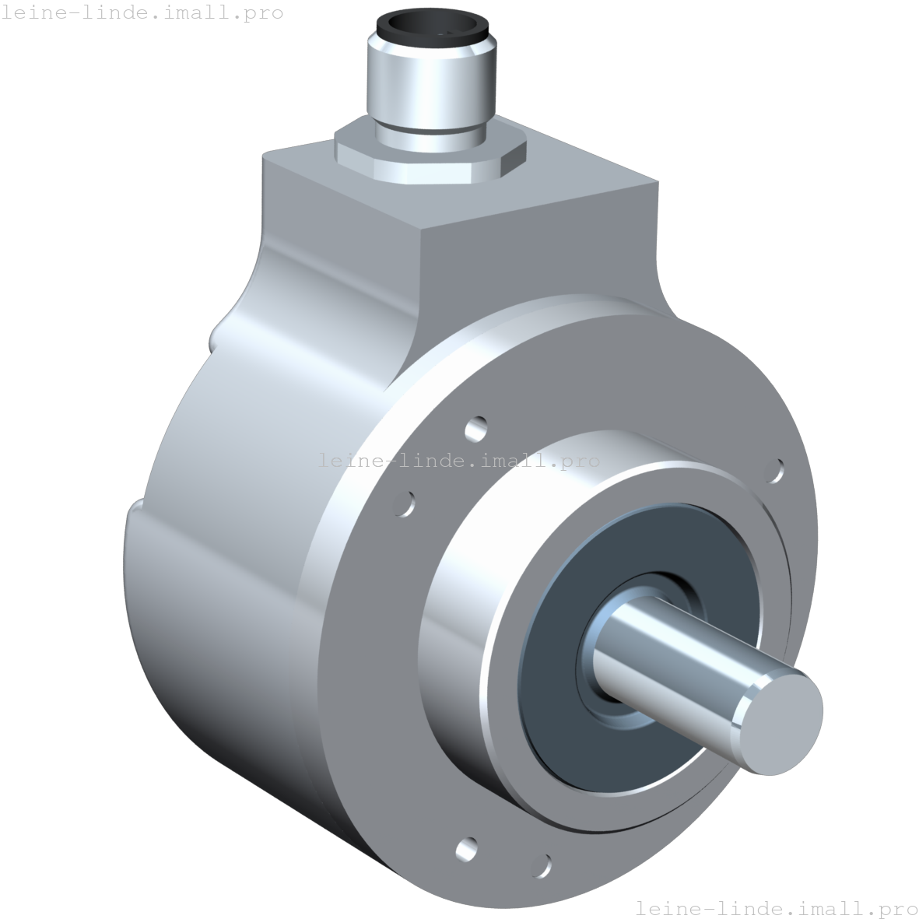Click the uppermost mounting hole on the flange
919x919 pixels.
tap(476, 427)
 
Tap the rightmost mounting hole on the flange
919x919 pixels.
tap(776, 469)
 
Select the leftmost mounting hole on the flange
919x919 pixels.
tap(405, 503)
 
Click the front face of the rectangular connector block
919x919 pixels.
tap(537, 249)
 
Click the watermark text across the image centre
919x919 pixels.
tap(459, 461)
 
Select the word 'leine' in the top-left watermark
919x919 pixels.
tap(30, 12)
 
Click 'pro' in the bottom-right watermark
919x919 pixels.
tap(895, 908)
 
